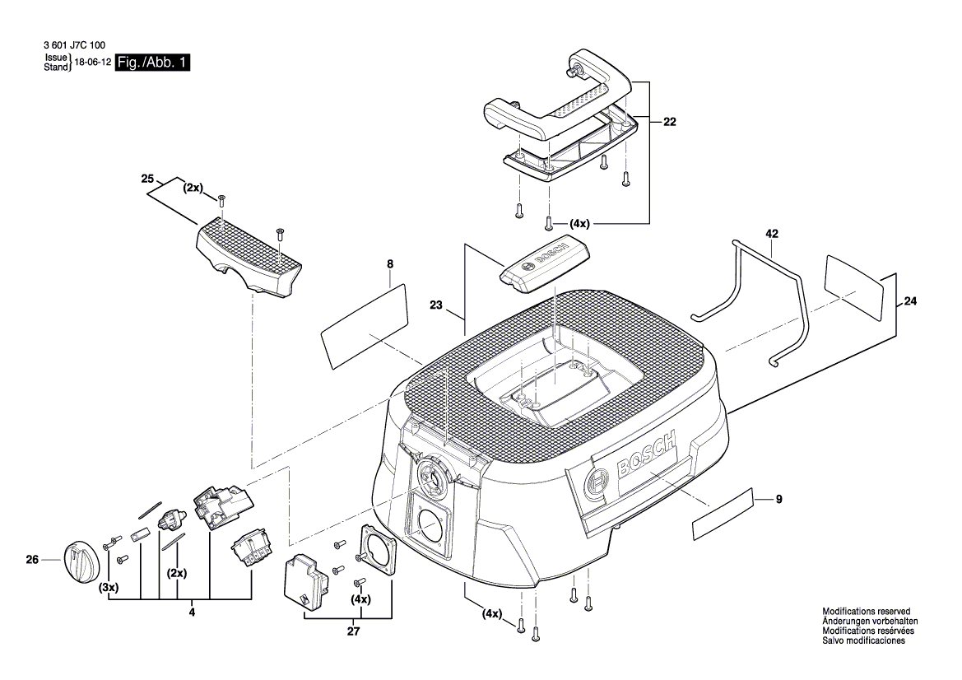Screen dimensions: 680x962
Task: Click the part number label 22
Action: [x=669, y=122]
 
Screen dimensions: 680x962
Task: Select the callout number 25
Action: [x=148, y=179]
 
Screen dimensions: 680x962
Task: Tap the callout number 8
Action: [x=390, y=264]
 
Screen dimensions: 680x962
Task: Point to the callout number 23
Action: [x=436, y=305]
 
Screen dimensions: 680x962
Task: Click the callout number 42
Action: [x=771, y=235]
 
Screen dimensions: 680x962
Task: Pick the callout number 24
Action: [x=909, y=301]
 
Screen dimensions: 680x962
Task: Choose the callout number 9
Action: [x=778, y=498]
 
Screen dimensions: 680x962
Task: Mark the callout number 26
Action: [x=32, y=561]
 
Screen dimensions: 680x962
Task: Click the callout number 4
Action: [x=192, y=612]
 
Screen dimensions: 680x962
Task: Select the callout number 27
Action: [x=353, y=631]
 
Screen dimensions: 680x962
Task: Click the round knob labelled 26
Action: [x=80, y=561]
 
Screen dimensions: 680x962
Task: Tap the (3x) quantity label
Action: [x=108, y=588]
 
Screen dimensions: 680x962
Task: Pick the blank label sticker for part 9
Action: [x=723, y=514]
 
